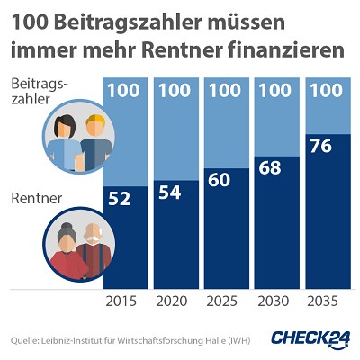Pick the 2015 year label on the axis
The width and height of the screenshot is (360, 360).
(121, 302)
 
